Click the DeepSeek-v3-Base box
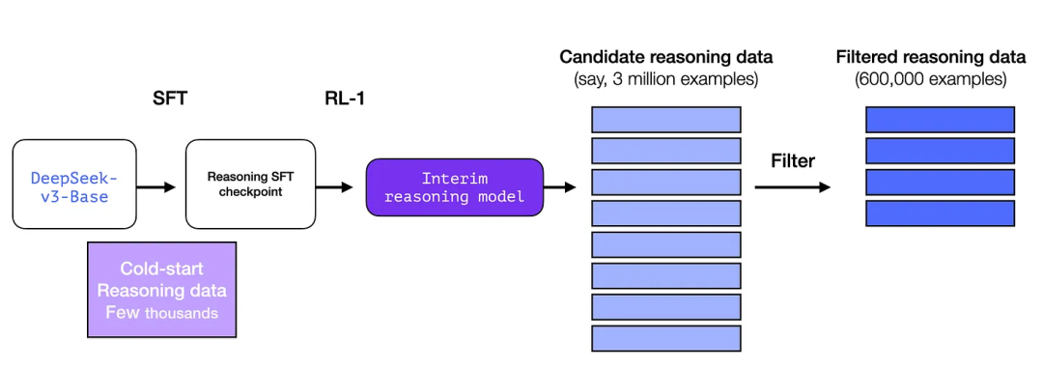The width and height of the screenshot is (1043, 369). [x=74, y=184]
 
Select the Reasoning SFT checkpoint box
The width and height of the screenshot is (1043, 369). [x=250, y=184]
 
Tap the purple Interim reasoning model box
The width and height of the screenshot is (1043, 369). [x=455, y=186]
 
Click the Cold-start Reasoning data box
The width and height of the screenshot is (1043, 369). [x=162, y=289]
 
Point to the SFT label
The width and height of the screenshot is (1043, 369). [x=170, y=99]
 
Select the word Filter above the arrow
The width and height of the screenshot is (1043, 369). [x=793, y=160]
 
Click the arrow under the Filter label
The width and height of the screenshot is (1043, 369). [x=792, y=187]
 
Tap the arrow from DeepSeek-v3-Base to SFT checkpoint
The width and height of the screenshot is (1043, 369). [x=156, y=187]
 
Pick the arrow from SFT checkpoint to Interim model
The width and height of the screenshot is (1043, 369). [x=334, y=187]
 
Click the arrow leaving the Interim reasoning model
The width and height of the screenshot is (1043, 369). [x=560, y=187]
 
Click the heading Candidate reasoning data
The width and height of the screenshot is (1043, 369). [x=665, y=57]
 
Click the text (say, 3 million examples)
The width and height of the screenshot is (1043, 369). [x=665, y=79]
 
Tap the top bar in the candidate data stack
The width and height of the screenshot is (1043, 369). [x=665, y=119]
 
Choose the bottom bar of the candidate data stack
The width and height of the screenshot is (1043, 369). [x=665, y=338]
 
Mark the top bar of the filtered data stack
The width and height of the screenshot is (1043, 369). [x=940, y=119]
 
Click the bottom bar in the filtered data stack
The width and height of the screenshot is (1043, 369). [x=940, y=213]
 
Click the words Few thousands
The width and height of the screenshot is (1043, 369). [x=162, y=312]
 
